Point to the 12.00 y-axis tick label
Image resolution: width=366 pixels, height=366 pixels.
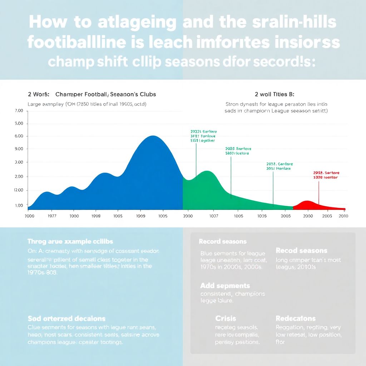click(x=18, y=190)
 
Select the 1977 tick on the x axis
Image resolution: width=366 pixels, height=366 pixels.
click(x=52, y=216)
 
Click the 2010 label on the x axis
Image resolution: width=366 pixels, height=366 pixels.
click(x=343, y=216)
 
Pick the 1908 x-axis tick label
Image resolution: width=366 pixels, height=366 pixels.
click(x=96, y=216)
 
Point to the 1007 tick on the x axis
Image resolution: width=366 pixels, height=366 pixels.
click(x=213, y=216)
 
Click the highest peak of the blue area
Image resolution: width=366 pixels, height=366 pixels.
click(x=153, y=136)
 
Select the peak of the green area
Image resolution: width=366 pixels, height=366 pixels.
click(x=207, y=171)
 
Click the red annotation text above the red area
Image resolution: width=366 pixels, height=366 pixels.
click(x=326, y=175)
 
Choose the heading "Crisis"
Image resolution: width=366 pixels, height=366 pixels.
click(x=226, y=318)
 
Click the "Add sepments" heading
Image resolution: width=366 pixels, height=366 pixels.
click(x=225, y=286)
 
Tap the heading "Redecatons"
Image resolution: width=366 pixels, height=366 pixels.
click(x=296, y=318)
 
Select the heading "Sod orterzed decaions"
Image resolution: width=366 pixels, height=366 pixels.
click(x=66, y=318)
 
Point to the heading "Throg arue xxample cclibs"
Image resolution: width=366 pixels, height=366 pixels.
click(x=70, y=242)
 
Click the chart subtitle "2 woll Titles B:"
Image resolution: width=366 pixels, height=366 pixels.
click(x=274, y=94)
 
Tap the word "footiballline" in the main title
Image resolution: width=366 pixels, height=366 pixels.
click(x=76, y=42)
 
